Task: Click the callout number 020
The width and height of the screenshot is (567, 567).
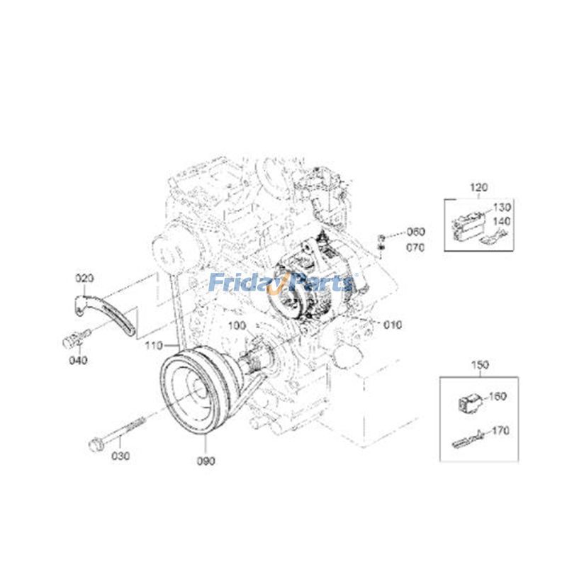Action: click(85, 278)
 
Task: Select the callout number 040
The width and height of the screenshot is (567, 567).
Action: click(78, 360)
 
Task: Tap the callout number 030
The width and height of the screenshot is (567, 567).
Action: click(120, 456)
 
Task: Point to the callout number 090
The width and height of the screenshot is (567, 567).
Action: click(207, 461)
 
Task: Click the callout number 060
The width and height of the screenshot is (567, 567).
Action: click(415, 232)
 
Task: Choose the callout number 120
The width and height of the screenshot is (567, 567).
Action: click(480, 188)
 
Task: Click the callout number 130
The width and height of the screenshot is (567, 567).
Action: click(502, 207)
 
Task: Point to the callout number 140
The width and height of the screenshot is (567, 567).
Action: click(502, 222)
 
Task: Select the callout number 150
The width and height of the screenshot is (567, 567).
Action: click(480, 365)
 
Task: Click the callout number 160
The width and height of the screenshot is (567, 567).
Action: click(498, 396)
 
